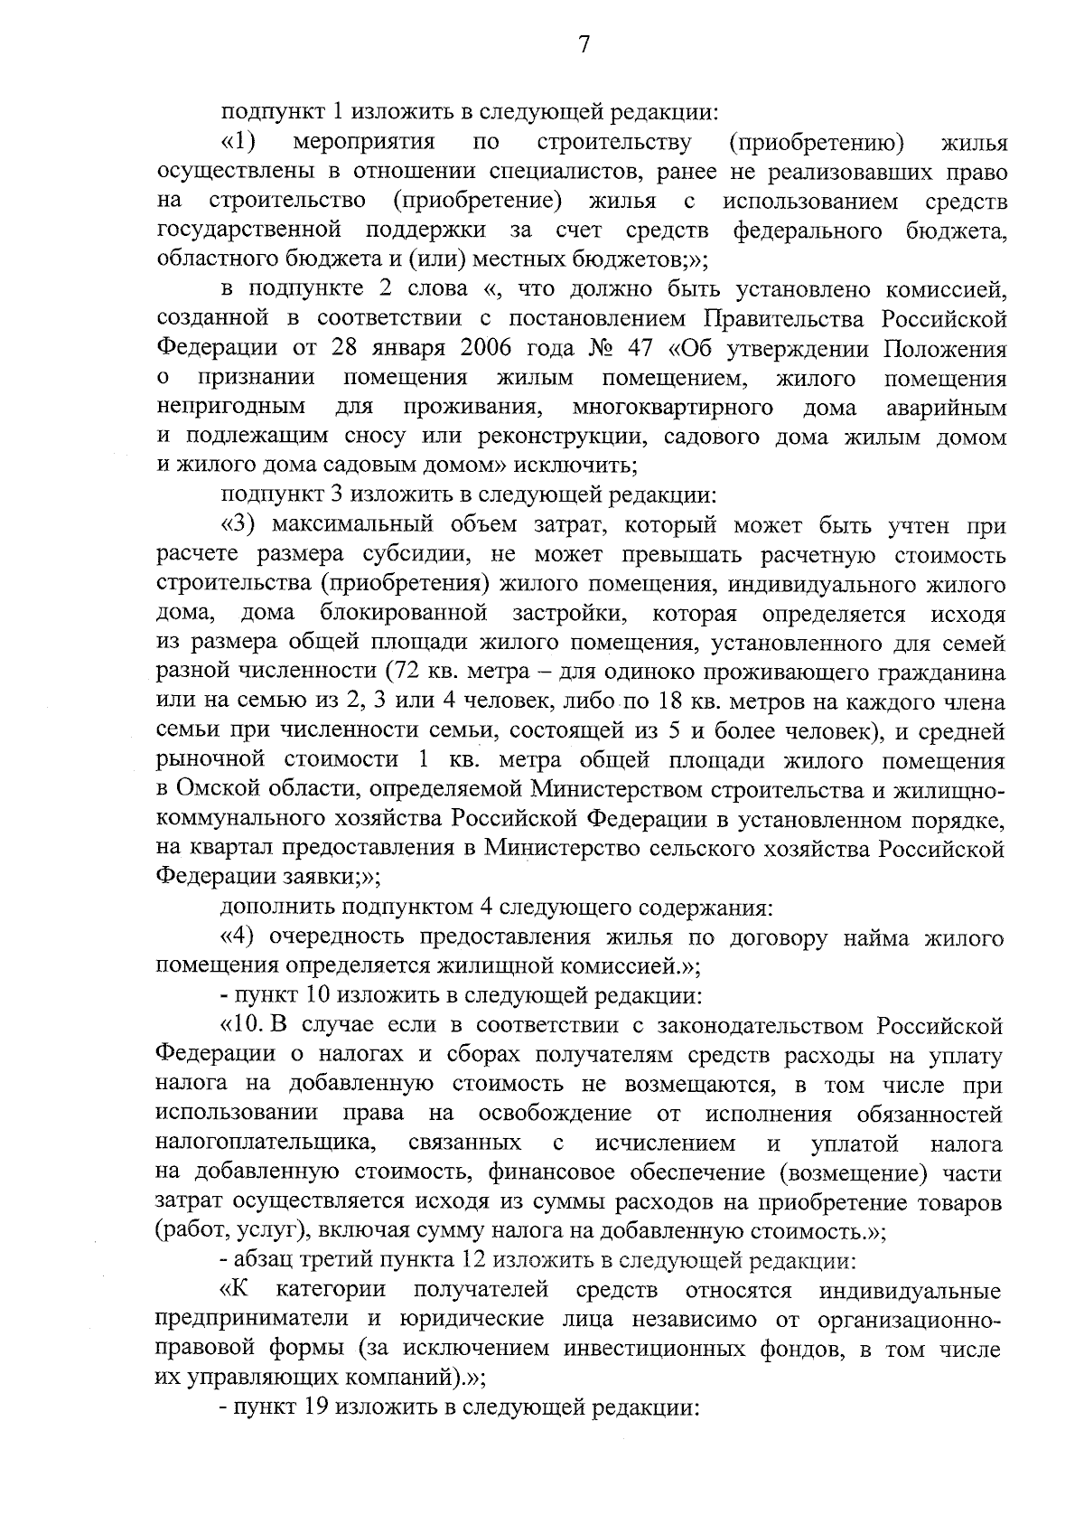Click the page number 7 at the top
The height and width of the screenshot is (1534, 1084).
click(x=584, y=44)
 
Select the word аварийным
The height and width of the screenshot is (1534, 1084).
click(x=946, y=407)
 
